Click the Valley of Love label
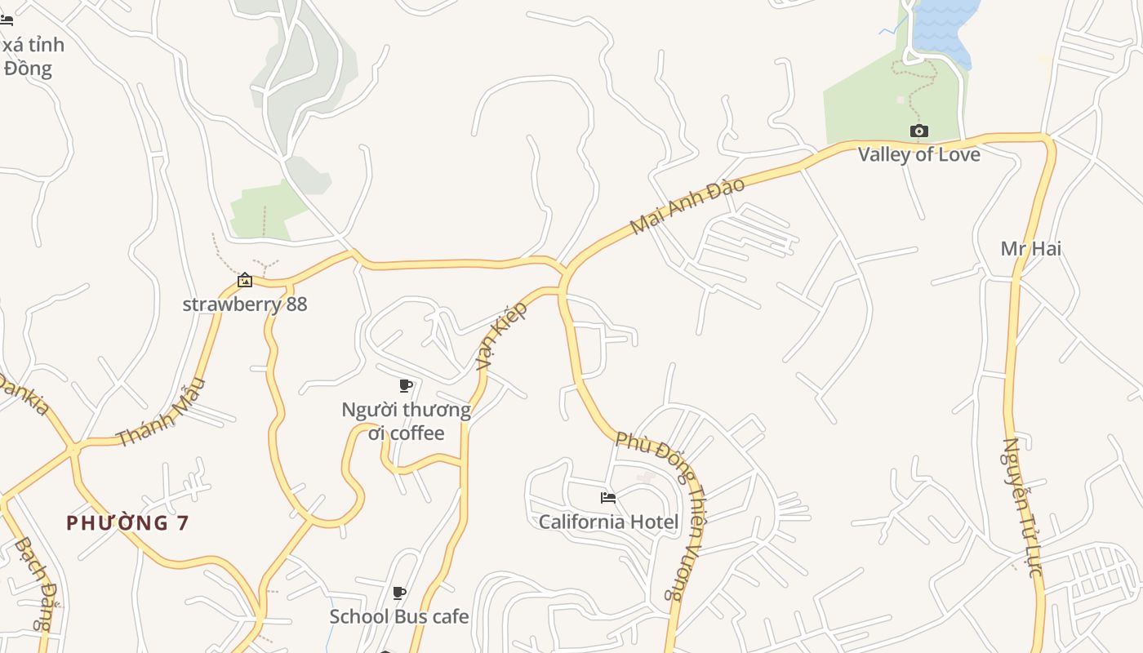coord(918,154)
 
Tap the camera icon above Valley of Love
coord(918,131)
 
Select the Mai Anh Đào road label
coord(687,206)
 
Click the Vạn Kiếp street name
coord(502,335)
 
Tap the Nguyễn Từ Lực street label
coord(1023,508)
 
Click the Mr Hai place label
coord(1030,248)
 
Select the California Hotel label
coord(608,522)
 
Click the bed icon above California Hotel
coord(607,498)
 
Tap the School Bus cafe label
coord(398,616)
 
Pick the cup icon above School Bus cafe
coord(398,593)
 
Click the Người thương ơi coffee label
coord(406,421)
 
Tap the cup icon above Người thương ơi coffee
coord(405,385)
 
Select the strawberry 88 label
coord(244,304)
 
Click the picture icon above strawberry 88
coord(244,281)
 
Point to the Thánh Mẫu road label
coord(161,413)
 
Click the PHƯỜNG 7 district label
coord(127,523)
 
